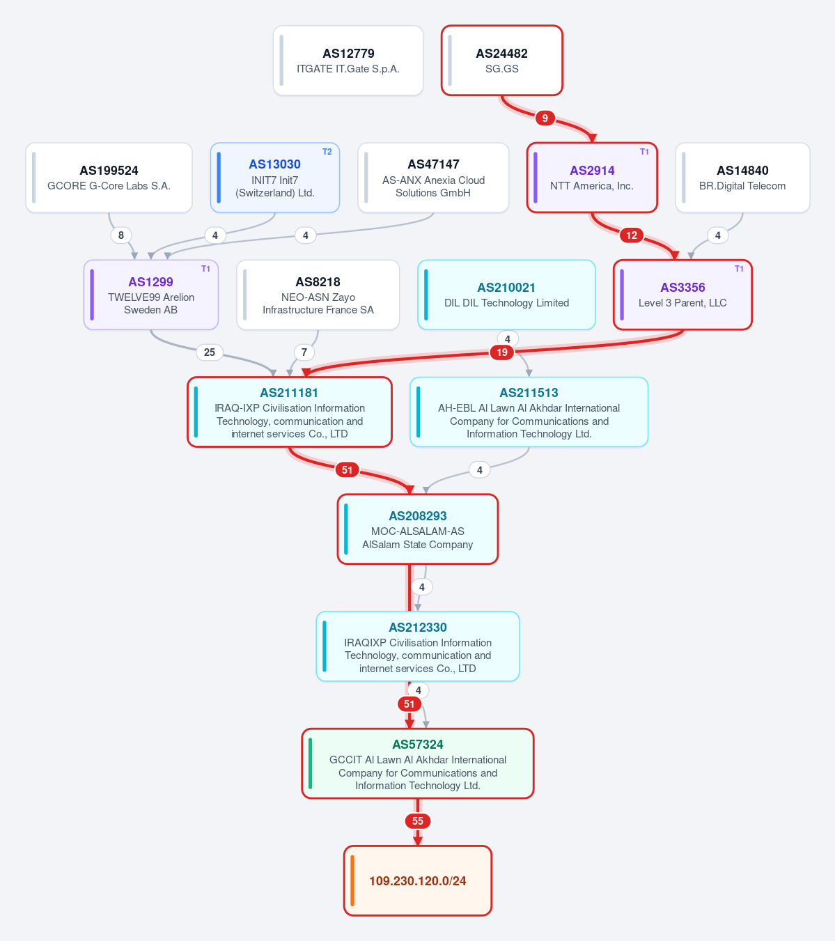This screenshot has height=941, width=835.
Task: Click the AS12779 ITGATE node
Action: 348,61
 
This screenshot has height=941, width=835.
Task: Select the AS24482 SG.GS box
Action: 502,61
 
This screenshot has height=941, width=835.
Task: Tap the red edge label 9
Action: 545,118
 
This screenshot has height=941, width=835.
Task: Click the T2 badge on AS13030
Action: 327,152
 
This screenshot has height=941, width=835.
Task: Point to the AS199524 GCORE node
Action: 109,178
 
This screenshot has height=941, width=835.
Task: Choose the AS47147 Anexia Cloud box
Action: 433,178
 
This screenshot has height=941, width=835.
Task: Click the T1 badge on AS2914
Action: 644,152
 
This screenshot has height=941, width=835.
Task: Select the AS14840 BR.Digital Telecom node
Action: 742,178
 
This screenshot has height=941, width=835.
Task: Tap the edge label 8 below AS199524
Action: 120,235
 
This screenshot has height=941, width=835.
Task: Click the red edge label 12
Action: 632,235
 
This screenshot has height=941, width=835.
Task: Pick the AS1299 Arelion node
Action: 151,295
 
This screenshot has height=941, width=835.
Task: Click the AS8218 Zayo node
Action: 318,295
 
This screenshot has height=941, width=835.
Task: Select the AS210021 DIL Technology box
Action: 507,295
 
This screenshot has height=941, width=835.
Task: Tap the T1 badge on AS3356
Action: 739,269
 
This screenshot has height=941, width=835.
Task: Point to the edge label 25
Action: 210,352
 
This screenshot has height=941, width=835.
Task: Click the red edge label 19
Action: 502,352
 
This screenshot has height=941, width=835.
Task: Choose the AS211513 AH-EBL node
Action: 529,412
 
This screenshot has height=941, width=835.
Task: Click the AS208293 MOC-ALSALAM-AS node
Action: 418,529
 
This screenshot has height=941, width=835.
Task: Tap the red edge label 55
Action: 418,821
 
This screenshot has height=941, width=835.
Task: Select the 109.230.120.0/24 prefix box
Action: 418,880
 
